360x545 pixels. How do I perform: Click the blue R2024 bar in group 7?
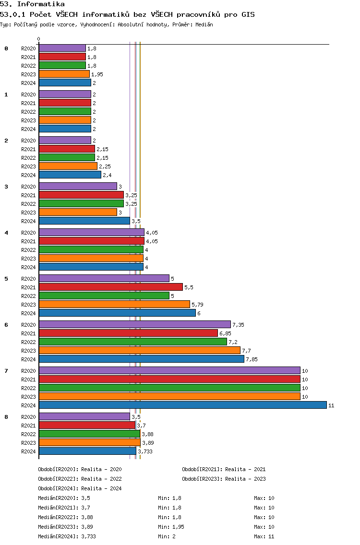point(183,405)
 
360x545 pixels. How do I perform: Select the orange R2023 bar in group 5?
point(114,304)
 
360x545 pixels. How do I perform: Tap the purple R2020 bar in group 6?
point(135,324)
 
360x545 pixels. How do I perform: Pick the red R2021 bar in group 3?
point(82,195)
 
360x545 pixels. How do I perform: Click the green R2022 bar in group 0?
point(62,65)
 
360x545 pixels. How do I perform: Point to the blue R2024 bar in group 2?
point(70,175)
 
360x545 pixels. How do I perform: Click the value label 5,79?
point(198,305)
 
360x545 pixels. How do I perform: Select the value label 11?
point(331,405)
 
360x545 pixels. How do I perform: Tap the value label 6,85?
point(226,333)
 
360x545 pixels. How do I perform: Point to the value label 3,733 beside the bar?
point(145,451)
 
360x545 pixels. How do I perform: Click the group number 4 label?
point(6,233)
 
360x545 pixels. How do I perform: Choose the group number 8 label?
point(6,417)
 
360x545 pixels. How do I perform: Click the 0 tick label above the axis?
point(38,39)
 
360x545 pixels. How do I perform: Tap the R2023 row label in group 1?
point(28,120)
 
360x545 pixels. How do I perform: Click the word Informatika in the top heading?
point(41,4)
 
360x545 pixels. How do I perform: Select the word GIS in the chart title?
point(248,14)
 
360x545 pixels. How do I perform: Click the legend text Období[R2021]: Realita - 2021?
point(224,469)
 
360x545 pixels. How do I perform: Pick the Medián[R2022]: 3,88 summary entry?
point(65,517)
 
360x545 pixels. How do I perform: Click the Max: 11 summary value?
point(264,536)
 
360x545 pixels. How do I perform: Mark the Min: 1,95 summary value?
point(171,527)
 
